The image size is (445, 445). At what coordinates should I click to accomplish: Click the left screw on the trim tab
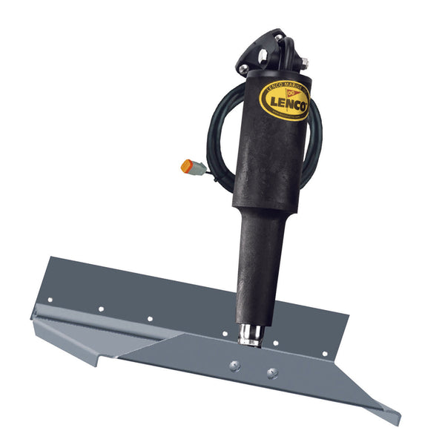coord(234,364)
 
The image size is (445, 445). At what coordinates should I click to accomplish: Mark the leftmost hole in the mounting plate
coord(50,300)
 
